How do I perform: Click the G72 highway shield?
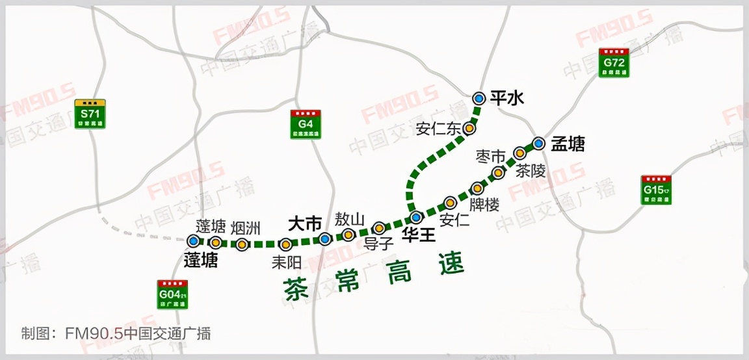pyautogui.click(x=614, y=63)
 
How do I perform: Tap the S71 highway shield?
pyautogui.click(x=90, y=114)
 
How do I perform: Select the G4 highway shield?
pyautogui.click(x=306, y=124)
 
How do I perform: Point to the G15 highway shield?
pyautogui.click(x=656, y=190)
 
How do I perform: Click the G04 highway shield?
pyautogui.click(x=172, y=294)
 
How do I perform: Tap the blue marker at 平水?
pyautogui.click(x=479, y=98)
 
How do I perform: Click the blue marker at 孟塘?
pyautogui.click(x=538, y=143)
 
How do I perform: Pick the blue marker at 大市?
pyautogui.click(x=325, y=239)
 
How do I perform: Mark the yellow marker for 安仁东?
pyautogui.click(x=469, y=129)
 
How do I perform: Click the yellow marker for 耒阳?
pyautogui.click(x=285, y=244)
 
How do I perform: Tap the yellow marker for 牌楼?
pyautogui.click(x=477, y=188)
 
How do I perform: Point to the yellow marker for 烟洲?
pyautogui.click(x=242, y=244)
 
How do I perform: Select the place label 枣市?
pyautogui.click(x=490, y=157)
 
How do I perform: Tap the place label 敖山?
pyautogui.click(x=350, y=219)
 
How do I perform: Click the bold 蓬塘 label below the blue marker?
pyautogui.click(x=200, y=261)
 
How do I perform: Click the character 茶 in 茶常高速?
pyautogui.click(x=296, y=288)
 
